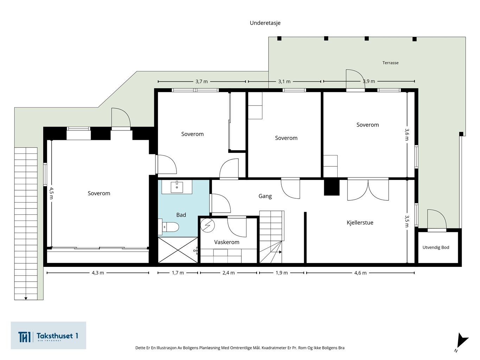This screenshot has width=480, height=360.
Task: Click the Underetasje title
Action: click(x=265, y=23)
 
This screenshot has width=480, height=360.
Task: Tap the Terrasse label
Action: click(x=390, y=63)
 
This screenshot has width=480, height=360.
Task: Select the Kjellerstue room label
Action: click(x=360, y=223)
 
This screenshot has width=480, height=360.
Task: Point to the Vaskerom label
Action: click(x=227, y=242)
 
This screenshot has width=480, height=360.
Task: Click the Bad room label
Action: click(x=181, y=215)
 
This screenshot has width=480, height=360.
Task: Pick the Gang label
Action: click(x=265, y=196)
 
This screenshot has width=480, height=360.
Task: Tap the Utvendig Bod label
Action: click(x=436, y=247)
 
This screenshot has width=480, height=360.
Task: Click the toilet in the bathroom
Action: click(x=169, y=227)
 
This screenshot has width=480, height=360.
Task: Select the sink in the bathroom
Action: click(x=177, y=187)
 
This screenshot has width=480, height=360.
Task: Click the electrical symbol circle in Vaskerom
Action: click(x=207, y=225)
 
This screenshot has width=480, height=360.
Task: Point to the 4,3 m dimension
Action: click(x=98, y=273)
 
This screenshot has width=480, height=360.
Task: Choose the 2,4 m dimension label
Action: click(x=229, y=273)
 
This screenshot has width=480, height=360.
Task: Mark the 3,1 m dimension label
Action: click(x=284, y=82)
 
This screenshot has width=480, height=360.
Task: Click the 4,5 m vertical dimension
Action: click(x=51, y=193)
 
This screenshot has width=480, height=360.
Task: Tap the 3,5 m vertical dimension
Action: click(x=407, y=221)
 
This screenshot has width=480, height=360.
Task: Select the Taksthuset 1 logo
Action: click(x=48, y=335)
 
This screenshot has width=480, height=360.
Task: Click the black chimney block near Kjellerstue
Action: click(x=332, y=187)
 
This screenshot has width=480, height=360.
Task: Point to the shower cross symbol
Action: click(x=178, y=250)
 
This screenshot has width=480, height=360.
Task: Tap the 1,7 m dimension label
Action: click(x=178, y=273)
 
